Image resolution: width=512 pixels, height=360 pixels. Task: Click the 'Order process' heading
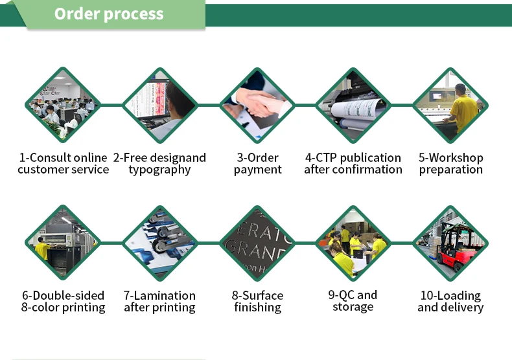coord(109,14)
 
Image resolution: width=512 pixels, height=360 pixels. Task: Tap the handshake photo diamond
coord(257,105)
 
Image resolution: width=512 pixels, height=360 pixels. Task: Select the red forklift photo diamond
coord(450,243)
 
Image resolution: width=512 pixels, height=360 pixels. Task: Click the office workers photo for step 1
coord(63,105)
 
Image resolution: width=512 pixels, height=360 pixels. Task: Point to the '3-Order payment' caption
coord(257,164)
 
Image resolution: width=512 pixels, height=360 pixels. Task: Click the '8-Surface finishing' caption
coord(257,301)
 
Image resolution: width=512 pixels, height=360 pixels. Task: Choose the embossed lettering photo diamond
coord(257,243)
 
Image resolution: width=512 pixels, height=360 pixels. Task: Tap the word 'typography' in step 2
coord(159,170)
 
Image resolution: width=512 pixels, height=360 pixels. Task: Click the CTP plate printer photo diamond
coord(353,105)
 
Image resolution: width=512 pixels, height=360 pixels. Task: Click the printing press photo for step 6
coord(63,243)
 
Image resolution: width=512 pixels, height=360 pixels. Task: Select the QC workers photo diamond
coord(353,243)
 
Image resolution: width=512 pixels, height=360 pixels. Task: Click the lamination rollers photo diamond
coord(159,243)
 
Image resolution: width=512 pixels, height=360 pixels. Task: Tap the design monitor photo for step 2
coord(159,105)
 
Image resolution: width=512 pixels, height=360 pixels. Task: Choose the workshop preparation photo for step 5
coord(450,105)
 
